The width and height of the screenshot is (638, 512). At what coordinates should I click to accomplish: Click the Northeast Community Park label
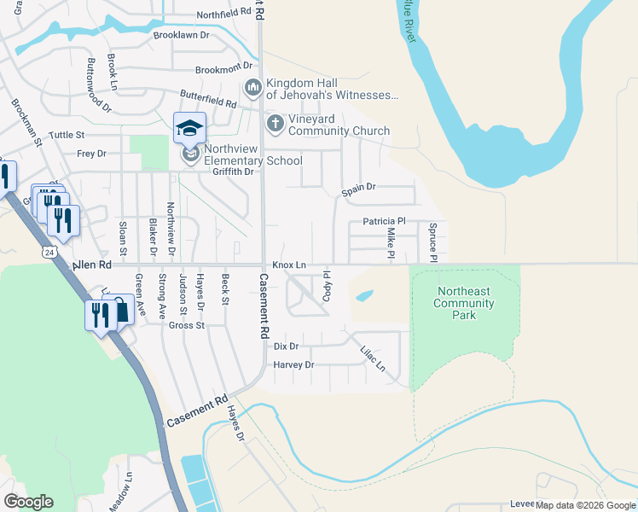[x=463, y=303]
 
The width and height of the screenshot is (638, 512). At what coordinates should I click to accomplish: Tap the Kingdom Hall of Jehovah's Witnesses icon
[x=252, y=88]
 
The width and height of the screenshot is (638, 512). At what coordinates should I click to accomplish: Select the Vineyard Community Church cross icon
[x=275, y=125]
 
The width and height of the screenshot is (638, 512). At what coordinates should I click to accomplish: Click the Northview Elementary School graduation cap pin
[x=189, y=129]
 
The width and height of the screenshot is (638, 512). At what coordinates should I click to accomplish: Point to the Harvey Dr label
[x=294, y=364]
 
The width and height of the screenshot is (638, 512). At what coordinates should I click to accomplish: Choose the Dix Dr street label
[x=286, y=346]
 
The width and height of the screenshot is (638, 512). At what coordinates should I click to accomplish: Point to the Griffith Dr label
[x=233, y=172]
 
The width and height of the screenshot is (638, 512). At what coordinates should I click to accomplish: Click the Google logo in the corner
[x=28, y=502]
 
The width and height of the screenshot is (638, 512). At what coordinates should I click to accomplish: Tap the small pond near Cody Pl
[x=364, y=296]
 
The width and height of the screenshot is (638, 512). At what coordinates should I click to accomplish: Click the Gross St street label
[x=186, y=325]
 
